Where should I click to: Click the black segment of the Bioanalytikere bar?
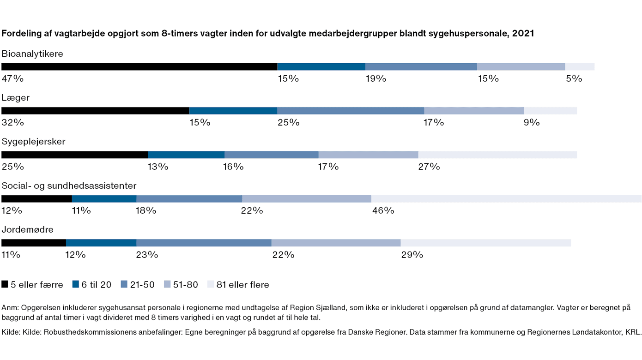(x=139, y=67)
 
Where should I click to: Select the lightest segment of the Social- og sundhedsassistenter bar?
(x=506, y=199)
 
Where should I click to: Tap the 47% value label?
(x=12, y=78)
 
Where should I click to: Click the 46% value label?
(x=383, y=210)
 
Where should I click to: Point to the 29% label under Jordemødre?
(x=412, y=254)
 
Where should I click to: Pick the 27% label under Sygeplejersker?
(x=429, y=167)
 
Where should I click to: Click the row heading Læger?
(x=16, y=98)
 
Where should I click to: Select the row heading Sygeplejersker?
(x=34, y=142)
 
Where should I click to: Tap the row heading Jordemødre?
(x=28, y=229)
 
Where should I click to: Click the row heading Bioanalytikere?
(x=32, y=54)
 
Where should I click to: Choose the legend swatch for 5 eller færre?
(x=5, y=285)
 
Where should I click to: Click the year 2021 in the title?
(x=523, y=34)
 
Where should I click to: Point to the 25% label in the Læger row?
(x=288, y=122)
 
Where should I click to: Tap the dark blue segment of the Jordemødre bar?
(x=101, y=243)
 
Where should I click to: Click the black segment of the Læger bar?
(x=95, y=111)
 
